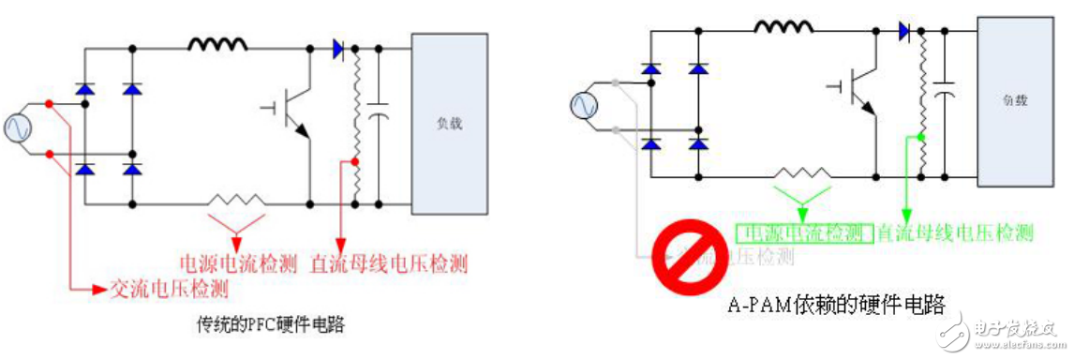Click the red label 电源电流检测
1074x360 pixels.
coord(238,263)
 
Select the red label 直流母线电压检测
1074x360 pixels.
coord(389,263)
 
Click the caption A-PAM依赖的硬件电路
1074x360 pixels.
coord(834,305)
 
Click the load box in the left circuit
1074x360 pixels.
coord(449,123)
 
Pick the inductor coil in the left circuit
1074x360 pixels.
coord(218,43)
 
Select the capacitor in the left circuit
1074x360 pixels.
coord(379,115)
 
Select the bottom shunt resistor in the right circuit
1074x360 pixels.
coord(803,174)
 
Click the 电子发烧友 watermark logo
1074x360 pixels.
coord(1002,333)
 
